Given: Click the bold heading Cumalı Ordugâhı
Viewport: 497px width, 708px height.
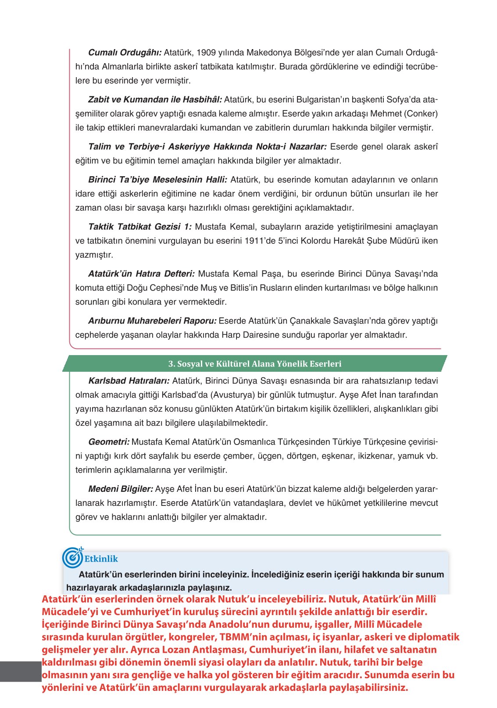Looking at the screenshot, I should tap(125, 53).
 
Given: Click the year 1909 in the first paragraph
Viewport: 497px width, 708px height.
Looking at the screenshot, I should tap(206, 53).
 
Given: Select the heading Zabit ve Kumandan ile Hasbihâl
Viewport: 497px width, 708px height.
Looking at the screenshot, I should tap(155, 100).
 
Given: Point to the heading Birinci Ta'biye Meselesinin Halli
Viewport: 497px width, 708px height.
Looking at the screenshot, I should tap(157, 180).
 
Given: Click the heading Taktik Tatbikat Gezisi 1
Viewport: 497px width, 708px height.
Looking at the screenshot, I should tap(139, 227).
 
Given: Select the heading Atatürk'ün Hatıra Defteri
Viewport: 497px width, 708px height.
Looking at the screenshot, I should tap(141, 274).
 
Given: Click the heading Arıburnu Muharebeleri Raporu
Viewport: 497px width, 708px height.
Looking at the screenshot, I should tap(152, 321).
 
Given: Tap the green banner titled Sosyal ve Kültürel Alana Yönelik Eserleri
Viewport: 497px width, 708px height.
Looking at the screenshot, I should tap(254, 364).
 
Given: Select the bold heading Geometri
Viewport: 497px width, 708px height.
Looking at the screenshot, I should tap(109, 442).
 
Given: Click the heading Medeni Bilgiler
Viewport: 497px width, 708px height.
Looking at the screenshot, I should tap(121, 489).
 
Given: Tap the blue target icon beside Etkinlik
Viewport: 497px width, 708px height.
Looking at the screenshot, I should tap(72, 557).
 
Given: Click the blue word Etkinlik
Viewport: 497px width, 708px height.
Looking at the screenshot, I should tap(101, 559).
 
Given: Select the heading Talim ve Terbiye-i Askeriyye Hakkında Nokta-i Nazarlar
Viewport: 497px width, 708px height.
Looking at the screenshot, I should tap(207, 147).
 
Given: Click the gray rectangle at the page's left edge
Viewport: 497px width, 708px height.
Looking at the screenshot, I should tap(20, 672).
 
